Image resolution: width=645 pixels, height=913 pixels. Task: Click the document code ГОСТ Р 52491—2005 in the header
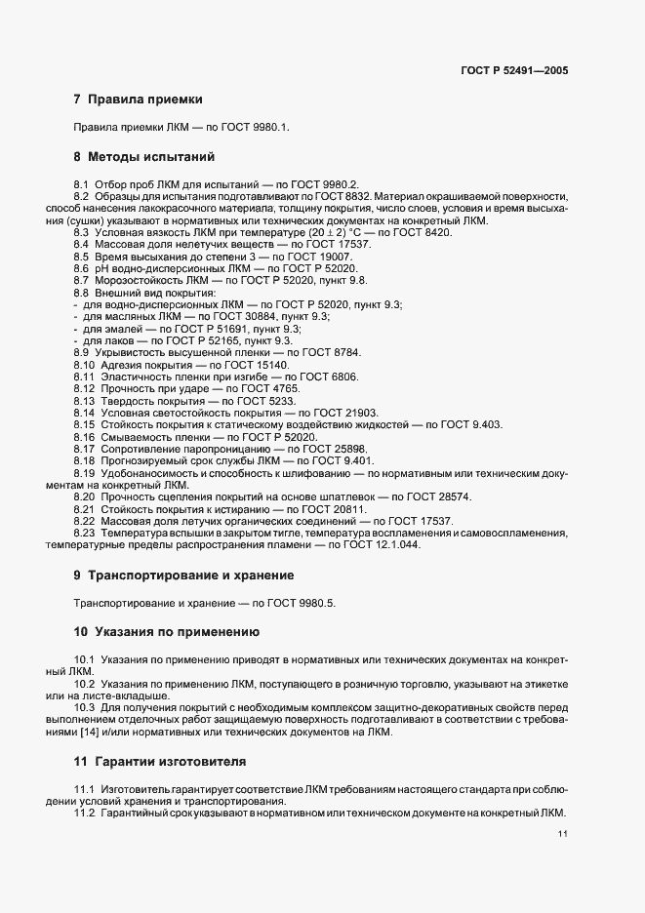point(514,71)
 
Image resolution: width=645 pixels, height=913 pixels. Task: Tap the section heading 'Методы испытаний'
point(144,156)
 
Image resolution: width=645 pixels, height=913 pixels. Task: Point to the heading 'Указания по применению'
point(174,632)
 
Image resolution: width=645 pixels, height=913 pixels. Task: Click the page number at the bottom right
point(563,834)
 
